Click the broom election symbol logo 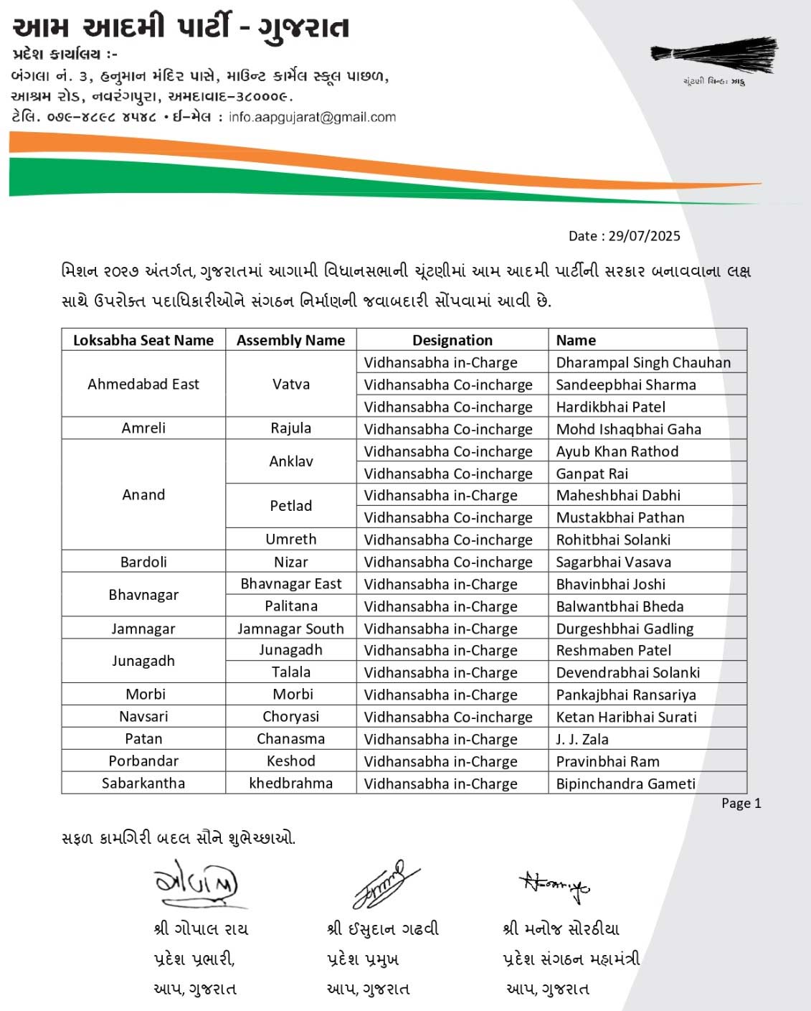tap(713, 55)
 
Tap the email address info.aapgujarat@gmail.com tap(312, 117)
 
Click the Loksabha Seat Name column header tap(143, 340)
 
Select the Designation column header tap(452, 340)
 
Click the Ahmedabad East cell tap(143, 384)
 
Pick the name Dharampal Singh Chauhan tap(643, 362)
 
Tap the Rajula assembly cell tap(290, 428)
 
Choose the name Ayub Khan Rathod tap(617, 451)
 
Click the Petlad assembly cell tap(290, 506)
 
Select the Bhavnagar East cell tap(290, 584)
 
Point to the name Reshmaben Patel tap(613, 650)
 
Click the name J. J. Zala tap(582, 739)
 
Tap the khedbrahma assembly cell tap(290, 783)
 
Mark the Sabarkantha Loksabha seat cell tap(143, 783)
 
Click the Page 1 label tap(741, 803)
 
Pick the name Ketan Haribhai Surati tap(626, 717)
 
